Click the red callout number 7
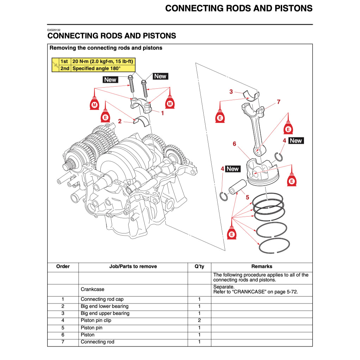(278, 102)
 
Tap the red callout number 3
(231, 92)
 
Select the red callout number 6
(234, 144)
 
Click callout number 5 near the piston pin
(247, 197)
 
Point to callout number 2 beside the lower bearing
(120, 121)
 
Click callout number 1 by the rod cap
(162, 113)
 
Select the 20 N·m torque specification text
(103, 61)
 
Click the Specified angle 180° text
(96, 68)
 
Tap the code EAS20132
(54, 30)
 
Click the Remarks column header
(261, 266)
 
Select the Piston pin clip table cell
(96, 321)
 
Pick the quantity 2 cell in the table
(199, 321)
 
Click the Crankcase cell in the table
(93, 289)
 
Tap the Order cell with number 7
(63, 342)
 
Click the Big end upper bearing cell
(105, 313)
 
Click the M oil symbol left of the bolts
(94, 105)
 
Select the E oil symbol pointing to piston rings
(231, 234)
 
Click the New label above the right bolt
(160, 76)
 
